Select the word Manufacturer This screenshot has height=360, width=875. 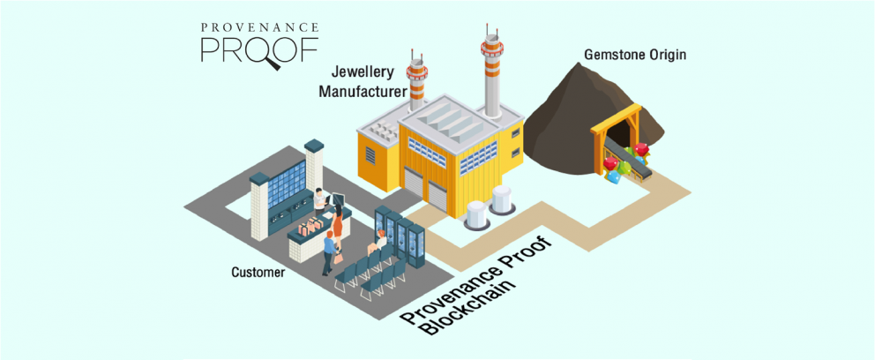[x=363, y=90]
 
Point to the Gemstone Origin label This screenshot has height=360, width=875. [x=635, y=55]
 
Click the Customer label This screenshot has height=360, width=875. [x=258, y=273]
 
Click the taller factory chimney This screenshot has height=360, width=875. [x=490, y=71]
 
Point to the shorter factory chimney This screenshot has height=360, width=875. [x=415, y=79]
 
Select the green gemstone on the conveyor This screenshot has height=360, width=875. [x=624, y=168]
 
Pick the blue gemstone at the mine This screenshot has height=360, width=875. [x=613, y=176]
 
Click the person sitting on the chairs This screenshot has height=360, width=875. [x=380, y=242]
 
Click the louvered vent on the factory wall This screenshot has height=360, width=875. [x=370, y=155]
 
